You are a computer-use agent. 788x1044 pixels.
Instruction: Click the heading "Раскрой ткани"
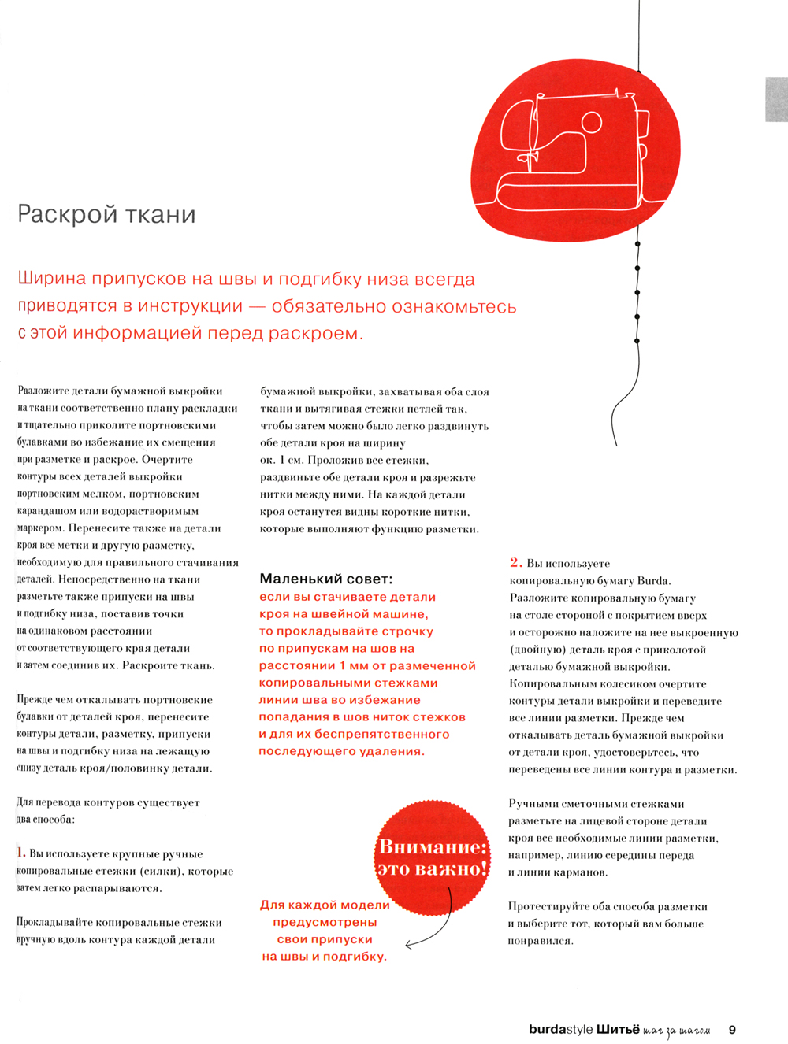(106, 214)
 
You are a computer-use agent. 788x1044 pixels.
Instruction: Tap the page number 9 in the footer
(732, 1029)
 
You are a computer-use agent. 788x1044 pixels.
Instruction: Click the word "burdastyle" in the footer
(560, 1029)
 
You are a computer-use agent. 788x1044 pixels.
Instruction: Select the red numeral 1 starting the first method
(20, 853)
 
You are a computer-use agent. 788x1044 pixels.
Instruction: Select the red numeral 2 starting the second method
(515, 562)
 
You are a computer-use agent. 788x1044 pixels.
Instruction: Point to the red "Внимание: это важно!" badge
(432, 858)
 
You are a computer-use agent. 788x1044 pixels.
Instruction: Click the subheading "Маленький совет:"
(325, 579)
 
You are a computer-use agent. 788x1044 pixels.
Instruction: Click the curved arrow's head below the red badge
(409, 945)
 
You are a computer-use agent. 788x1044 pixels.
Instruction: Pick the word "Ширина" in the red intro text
(51, 280)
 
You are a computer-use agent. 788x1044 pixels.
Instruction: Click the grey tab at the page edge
(776, 99)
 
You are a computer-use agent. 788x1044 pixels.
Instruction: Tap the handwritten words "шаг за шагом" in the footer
(676, 1030)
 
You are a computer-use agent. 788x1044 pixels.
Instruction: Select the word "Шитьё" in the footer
(618, 1029)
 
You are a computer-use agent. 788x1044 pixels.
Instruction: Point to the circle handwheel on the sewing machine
(591, 122)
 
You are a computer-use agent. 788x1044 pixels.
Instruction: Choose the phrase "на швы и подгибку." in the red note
(325, 957)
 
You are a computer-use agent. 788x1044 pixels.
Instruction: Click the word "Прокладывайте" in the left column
(54, 922)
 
